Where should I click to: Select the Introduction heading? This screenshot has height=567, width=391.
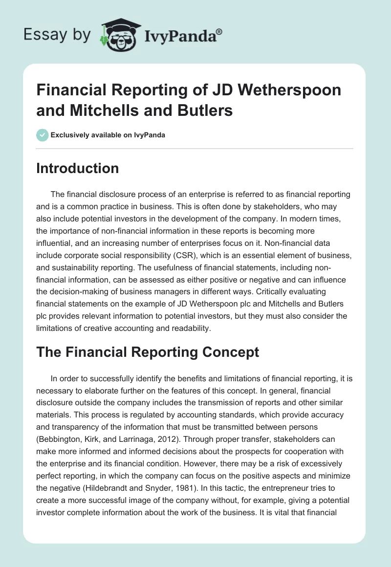pyautogui.click(x=78, y=169)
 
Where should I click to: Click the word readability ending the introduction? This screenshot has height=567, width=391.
pyautogui.click(x=187, y=328)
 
